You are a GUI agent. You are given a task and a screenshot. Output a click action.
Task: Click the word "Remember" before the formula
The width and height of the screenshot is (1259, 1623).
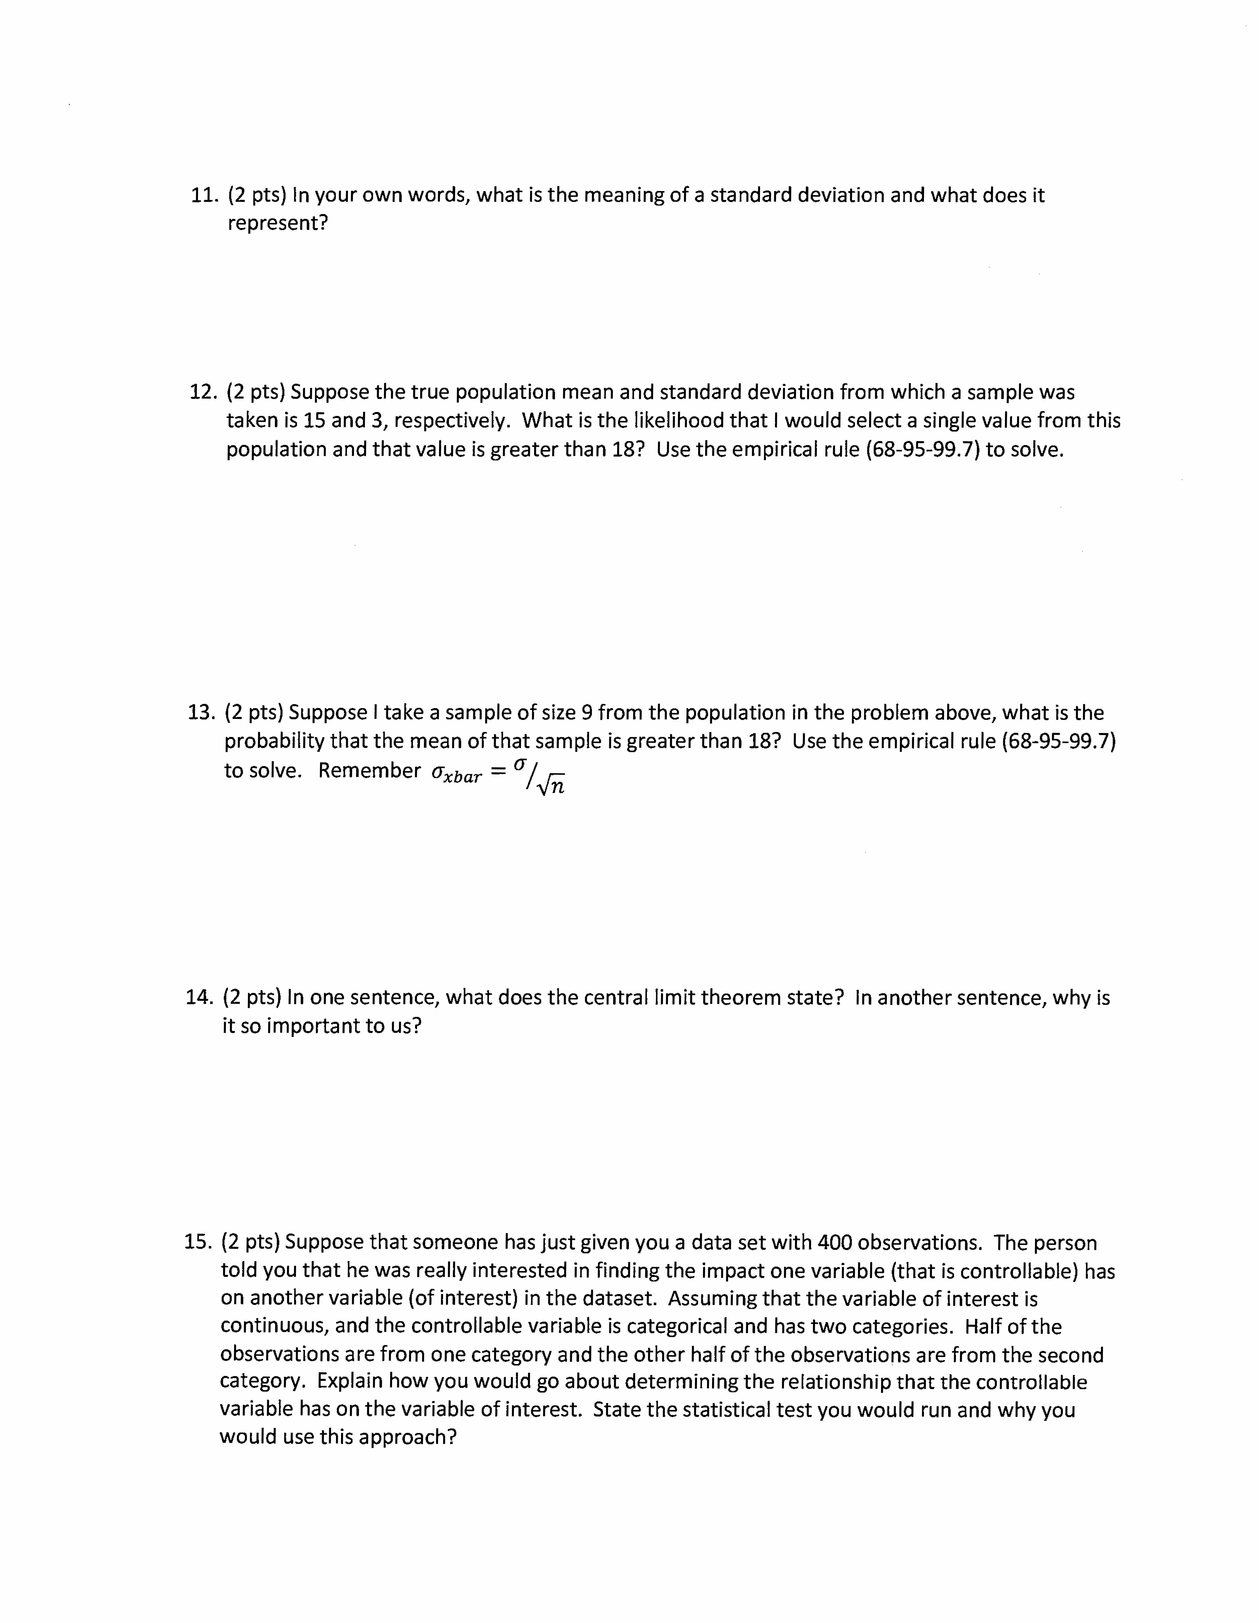point(369,771)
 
